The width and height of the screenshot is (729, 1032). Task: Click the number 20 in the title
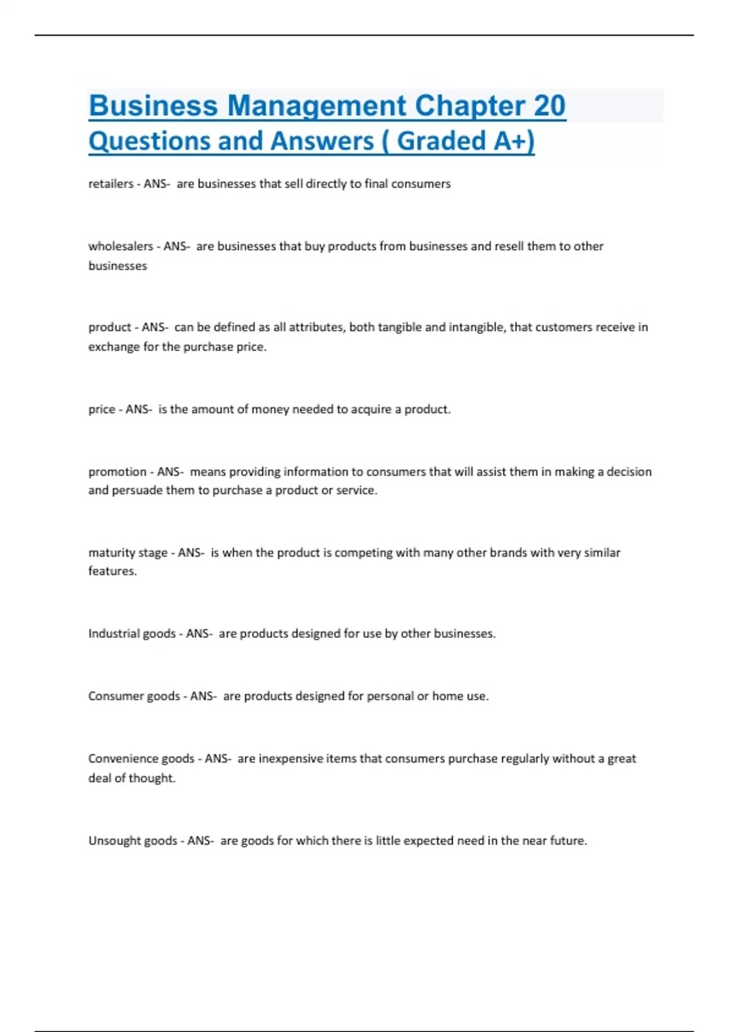pos(549,106)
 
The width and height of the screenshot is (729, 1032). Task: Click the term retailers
pos(111,184)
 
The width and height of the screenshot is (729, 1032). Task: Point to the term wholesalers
pos(120,246)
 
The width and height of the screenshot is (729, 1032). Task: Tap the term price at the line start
pos(101,409)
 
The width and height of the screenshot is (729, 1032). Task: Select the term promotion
pos(117,472)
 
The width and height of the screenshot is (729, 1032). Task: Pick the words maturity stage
pos(128,553)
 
